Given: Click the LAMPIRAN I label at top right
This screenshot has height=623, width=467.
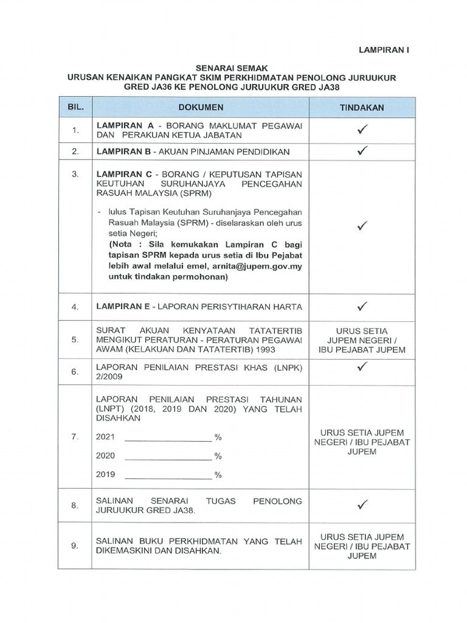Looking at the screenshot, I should pos(383,50).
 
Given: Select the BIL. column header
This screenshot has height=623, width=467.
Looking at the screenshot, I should pos(75,107).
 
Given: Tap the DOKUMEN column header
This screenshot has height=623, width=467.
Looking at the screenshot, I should pos(201,107).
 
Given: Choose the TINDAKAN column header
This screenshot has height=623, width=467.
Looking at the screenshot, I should pos(362,107).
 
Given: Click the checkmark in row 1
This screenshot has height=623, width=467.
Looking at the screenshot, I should pos(362,130).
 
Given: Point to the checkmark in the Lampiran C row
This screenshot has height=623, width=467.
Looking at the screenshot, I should pos(362,226).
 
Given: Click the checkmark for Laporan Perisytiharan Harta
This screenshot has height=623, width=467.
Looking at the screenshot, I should pos(362,307).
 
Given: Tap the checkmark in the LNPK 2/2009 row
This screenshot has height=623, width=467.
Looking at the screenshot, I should pos(362,366).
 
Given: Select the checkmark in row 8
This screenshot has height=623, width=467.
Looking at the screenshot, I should pos(362,504).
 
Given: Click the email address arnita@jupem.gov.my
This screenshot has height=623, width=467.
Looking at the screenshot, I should pos(258,266).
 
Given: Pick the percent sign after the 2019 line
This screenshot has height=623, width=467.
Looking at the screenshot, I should pos(218,475).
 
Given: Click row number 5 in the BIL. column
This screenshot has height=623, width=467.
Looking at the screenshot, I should pos(75,339).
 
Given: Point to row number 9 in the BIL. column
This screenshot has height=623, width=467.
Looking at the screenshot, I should pos(75,546).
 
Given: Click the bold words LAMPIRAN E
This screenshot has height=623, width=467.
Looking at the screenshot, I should pos(122,307).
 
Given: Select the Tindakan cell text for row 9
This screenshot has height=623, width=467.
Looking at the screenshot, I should pos(362,546).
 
